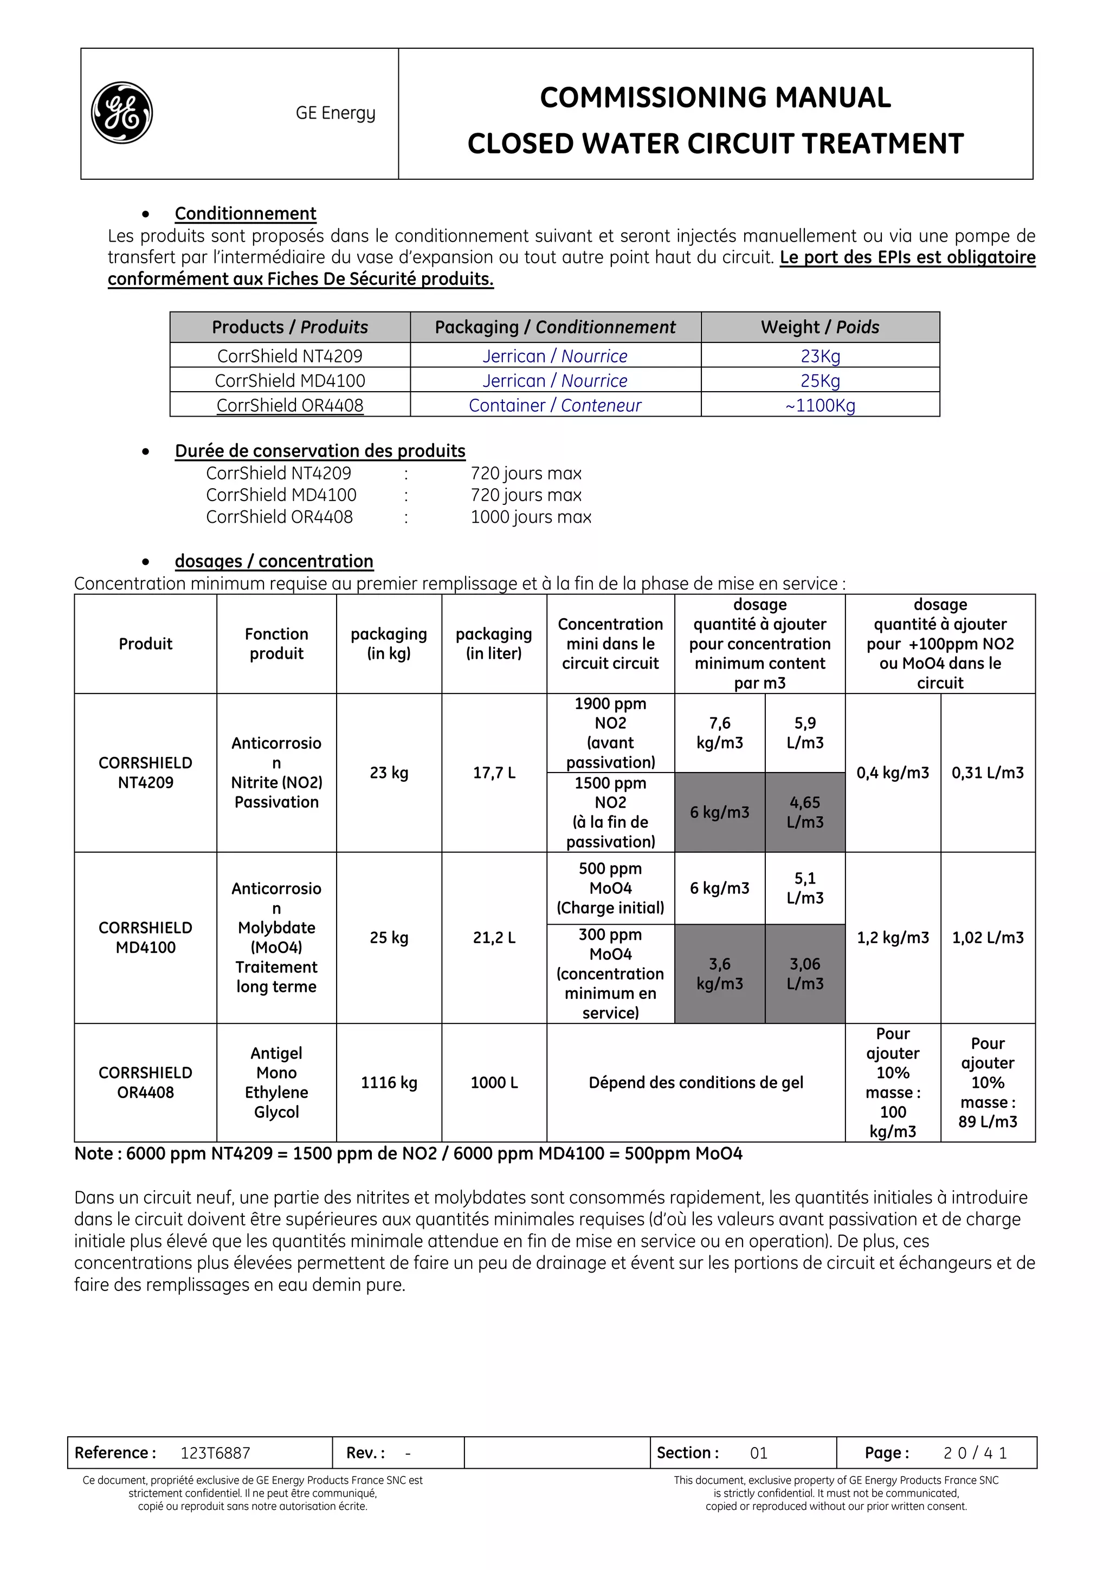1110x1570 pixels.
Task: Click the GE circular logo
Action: (x=122, y=113)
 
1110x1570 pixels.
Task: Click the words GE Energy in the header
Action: (x=335, y=113)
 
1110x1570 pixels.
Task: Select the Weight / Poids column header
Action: (x=819, y=327)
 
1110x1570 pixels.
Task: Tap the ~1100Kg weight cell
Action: (x=819, y=405)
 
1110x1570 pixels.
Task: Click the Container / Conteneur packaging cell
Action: (x=554, y=405)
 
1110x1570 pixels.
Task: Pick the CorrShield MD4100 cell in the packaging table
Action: (x=289, y=380)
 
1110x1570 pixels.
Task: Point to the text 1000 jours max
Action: (x=531, y=517)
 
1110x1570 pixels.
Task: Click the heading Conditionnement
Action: (x=245, y=213)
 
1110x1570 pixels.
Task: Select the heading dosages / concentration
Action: (x=274, y=561)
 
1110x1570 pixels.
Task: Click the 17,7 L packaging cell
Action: (x=494, y=773)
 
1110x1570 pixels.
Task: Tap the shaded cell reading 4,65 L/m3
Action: (x=804, y=812)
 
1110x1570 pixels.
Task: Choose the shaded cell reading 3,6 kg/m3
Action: (x=719, y=973)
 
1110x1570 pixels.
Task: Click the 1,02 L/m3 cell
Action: (x=987, y=937)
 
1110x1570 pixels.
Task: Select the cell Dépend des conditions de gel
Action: (x=695, y=1082)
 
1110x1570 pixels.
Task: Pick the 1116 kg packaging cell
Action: (x=389, y=1082)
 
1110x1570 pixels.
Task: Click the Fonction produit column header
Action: (x=276, y=644)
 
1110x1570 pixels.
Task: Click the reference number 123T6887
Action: (x=215, y=1452)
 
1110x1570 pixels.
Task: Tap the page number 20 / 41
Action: (x=975, y=1452)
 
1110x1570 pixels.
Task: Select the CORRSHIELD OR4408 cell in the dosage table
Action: (x=145, y=1082)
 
